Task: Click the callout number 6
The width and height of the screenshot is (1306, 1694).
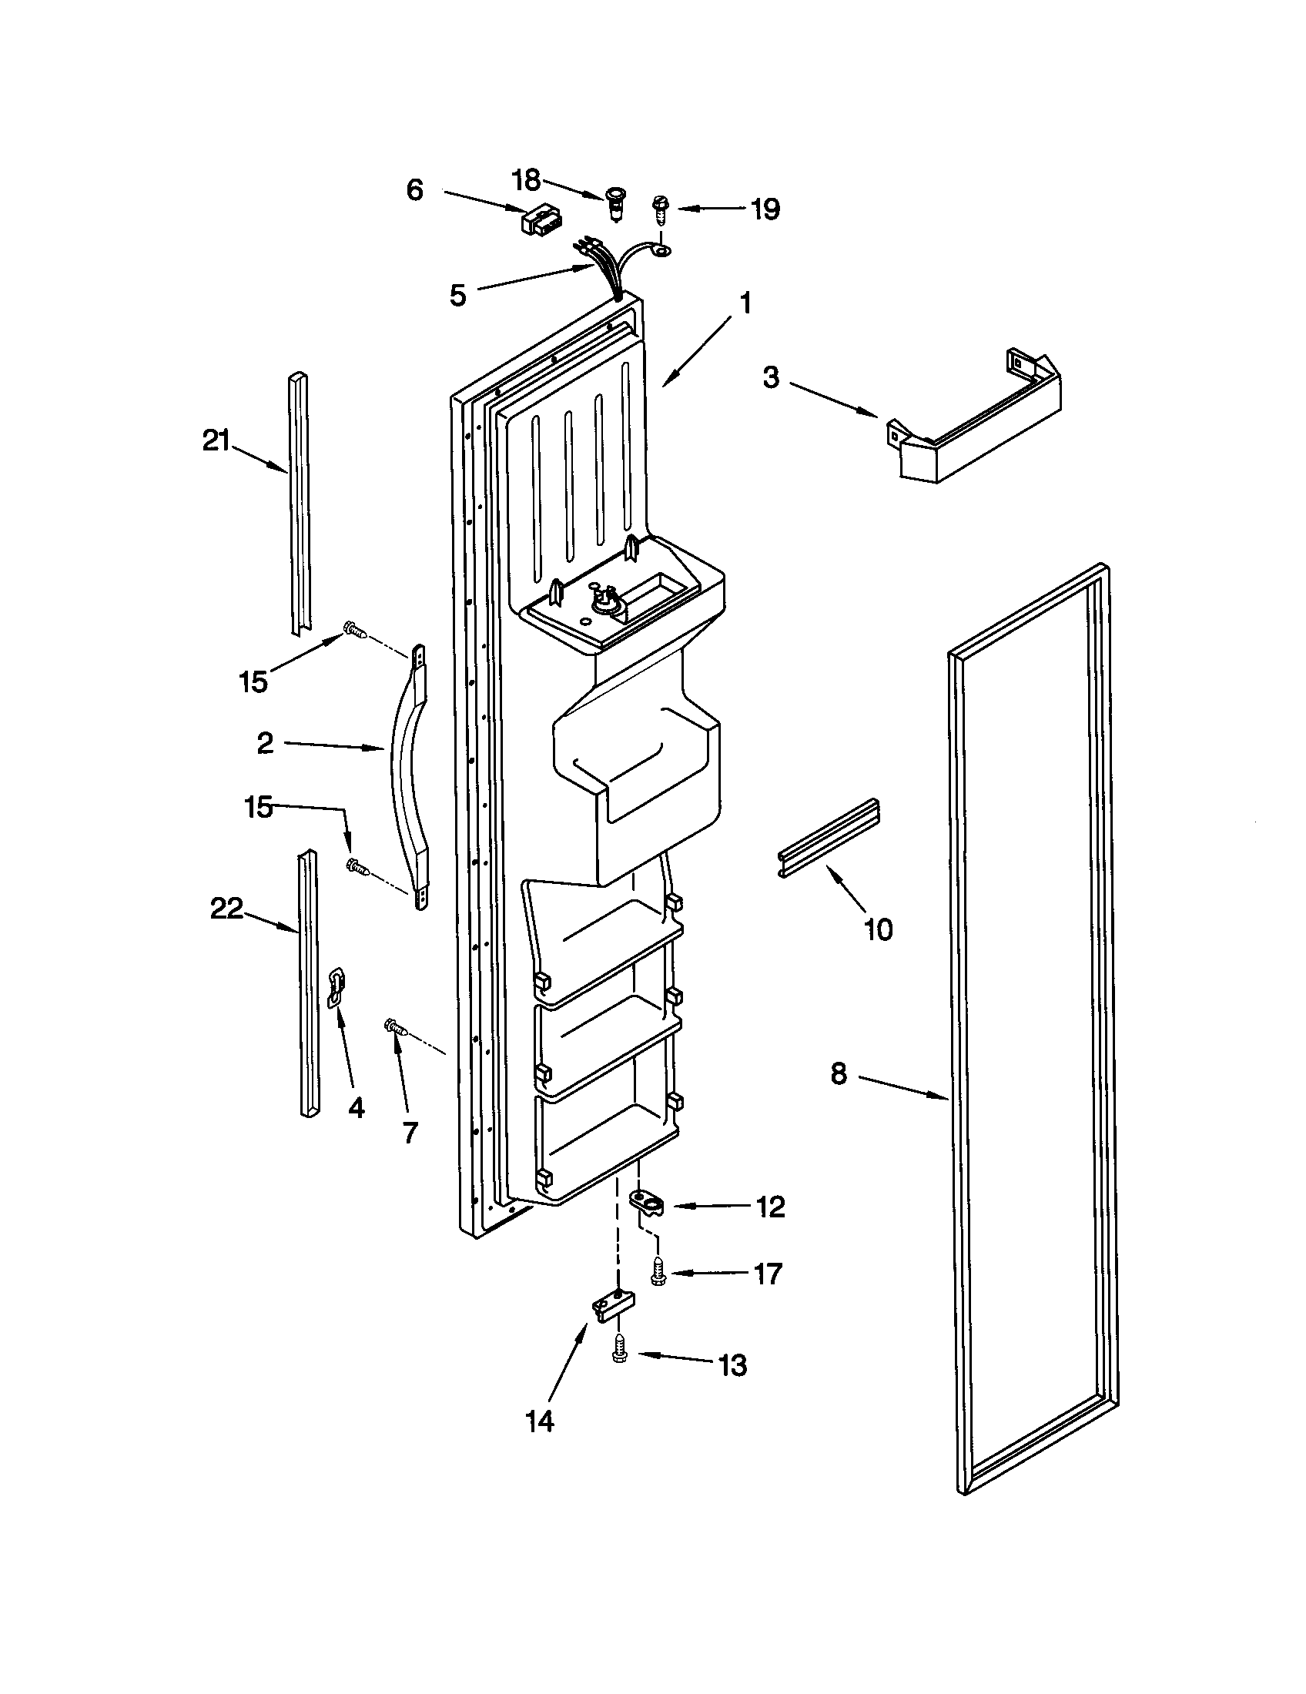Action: pos(415,190)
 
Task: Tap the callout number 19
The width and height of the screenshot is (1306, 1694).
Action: pos(765,209)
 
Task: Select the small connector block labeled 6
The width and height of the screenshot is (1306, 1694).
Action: pos(541,222)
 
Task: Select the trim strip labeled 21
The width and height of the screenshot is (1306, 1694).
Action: pos(301,504)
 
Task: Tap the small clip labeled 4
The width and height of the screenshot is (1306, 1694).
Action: pos(337,987)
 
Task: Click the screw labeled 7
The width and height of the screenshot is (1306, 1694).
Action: pos(396,1029)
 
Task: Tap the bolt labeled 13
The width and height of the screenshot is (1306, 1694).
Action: pos(619,1352)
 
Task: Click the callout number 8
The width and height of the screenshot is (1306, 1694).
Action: pos(839,1075)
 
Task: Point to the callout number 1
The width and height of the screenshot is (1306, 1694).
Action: pos(745,303)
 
